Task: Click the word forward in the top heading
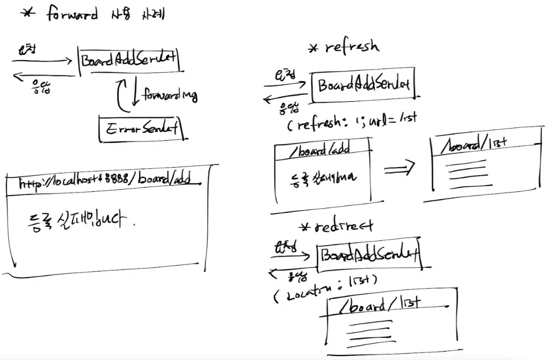coord(72,14)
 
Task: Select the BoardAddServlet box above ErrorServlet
coord(128,60)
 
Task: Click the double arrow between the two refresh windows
coord(399,169)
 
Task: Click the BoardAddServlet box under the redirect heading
coord(369,256)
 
